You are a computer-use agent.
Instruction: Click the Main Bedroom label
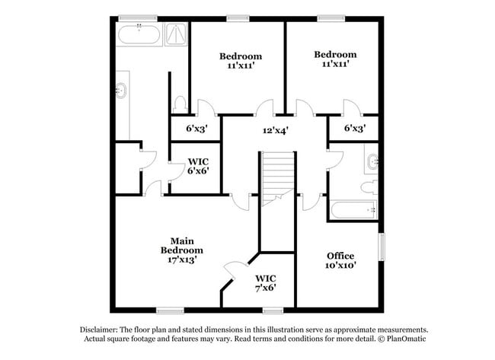(182, 246)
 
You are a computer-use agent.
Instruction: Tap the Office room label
(340, 256)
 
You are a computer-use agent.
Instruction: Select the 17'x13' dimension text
(182, 260)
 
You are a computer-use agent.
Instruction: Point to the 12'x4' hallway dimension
(276, 130)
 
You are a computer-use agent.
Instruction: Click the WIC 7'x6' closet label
(266, 283)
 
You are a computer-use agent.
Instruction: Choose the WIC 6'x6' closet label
(198, 166)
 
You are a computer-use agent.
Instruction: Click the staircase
(277, 178)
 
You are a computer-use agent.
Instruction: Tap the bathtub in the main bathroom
(139, 34)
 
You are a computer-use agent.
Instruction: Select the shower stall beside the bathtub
(176, 34)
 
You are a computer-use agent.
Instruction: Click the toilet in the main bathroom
(180, 104)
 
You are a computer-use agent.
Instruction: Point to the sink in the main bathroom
(121, 91)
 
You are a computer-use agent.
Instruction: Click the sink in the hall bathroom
(373, 162)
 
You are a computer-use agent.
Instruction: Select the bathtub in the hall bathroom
(353, 210)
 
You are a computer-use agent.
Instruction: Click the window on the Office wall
(382, 247)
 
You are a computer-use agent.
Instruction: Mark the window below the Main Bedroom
(170, 311)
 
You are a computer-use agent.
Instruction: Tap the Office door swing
(312, 202)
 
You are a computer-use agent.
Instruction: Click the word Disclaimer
(99, 330)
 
